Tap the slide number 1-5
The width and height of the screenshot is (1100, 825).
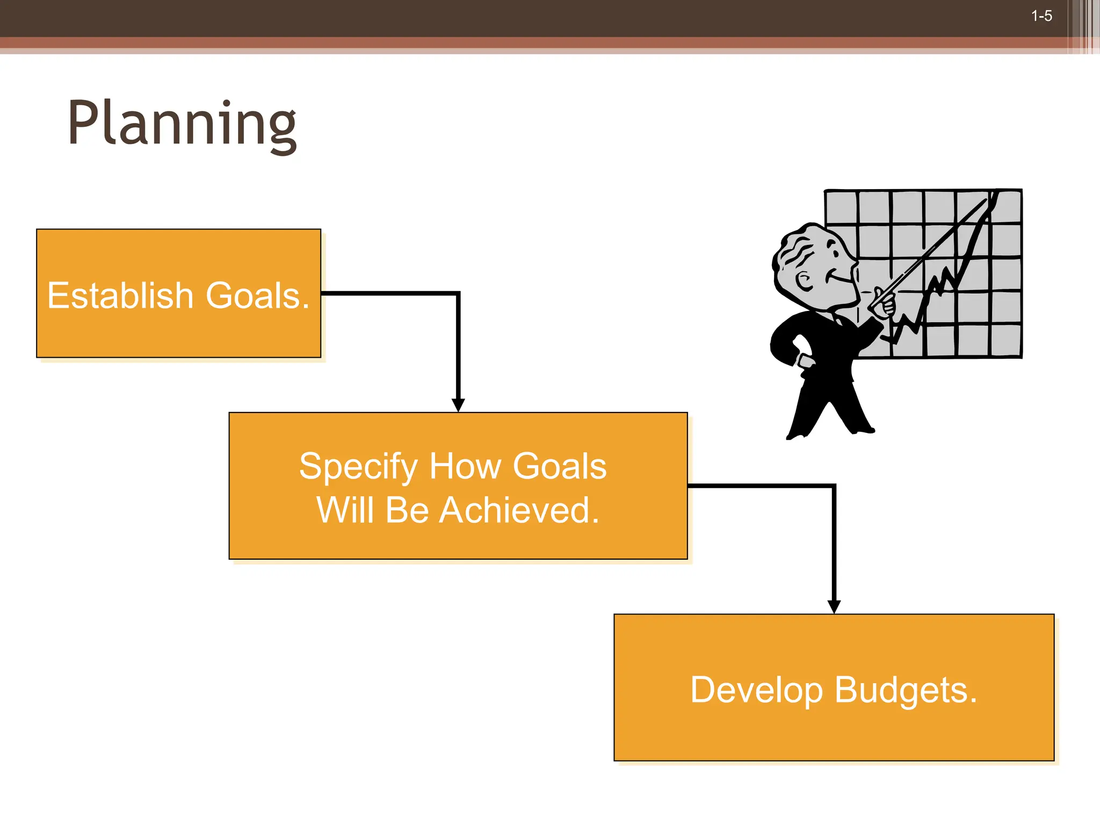pos(1041,16)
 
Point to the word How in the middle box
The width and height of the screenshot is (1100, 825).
pos(465,466)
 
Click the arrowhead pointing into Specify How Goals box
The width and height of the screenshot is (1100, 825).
pos(458,404)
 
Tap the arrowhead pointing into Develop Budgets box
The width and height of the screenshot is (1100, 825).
pos(834,606)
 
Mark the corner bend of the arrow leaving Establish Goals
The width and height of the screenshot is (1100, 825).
pos(458,294)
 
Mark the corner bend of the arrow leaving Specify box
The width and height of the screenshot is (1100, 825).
pos(834,486)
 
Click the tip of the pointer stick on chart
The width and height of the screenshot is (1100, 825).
pos(986,201)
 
